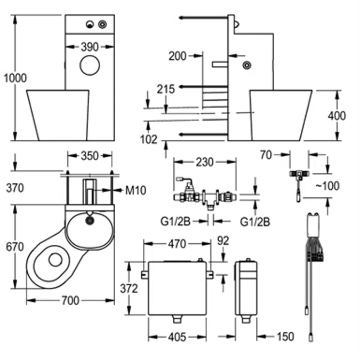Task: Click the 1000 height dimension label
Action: pyautogui.click(x=14, y=78)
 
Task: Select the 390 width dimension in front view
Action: pyautogui.click(x=90, y=47)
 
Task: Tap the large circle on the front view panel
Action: pyautogui.click(x=90, y=66)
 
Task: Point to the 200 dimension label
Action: pyautogui.click(x=178, y=55)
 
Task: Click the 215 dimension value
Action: pyautogui.click(x=166, y=90)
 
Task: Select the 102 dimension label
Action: pyautogui.click(x=149, y=140)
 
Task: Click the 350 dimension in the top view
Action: pyautogui.click(x=90, y=156)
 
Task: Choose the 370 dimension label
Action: pyautogui.click(x=15, y=188)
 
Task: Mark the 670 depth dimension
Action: pyautogui.click(x=15, y=247)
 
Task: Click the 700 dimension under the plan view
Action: pyautogui.click(x=70, y=301)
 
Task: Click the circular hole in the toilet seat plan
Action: pyautogui.click(x=55, y=260)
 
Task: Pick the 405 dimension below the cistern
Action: pyautogui.click(x=177, y=337)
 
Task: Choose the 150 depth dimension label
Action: pyautogui.click(x=285, y=337)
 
